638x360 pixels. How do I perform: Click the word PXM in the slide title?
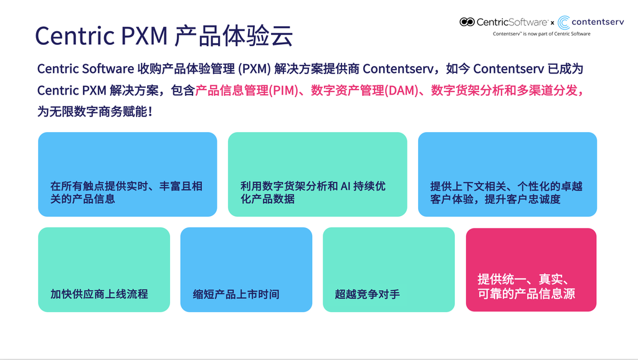point(144,36)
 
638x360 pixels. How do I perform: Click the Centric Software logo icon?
point(467,22)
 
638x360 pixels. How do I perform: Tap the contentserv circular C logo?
point(563,22)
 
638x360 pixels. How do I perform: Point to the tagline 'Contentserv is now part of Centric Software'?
point(541,34)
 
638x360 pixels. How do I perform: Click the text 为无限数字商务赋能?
point(95,111)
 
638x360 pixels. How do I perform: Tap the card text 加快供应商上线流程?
point(99,294)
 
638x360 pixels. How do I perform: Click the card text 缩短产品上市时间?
point(236,294)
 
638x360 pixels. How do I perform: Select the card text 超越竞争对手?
point(367,294)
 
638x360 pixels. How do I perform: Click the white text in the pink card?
point(526,287)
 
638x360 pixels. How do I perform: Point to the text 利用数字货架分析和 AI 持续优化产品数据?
point(313,192)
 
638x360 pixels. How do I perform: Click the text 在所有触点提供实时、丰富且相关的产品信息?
point(126,192)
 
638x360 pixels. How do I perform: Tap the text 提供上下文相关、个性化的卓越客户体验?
point(506,192)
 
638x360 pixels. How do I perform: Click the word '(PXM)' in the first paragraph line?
point(255,69)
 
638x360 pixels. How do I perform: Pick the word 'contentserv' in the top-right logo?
point(598,22)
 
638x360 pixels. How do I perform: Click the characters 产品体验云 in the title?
point(234,36)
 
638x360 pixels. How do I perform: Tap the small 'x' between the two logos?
point(552,23)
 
